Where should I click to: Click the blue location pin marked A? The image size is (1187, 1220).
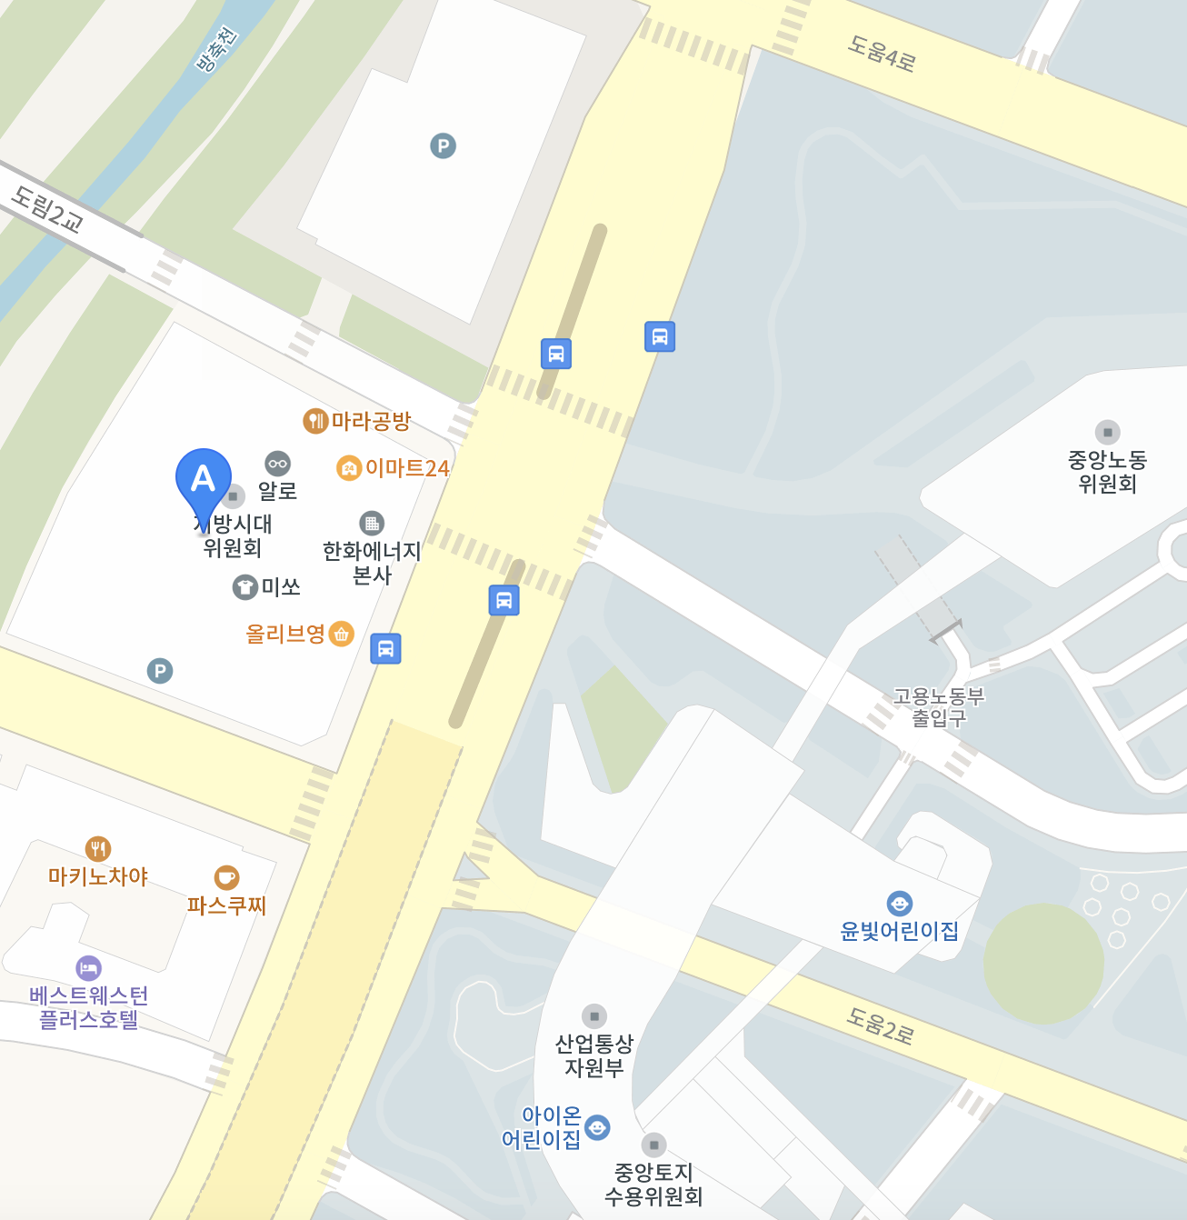pos(203,479)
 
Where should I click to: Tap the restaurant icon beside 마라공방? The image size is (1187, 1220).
pos(314,421)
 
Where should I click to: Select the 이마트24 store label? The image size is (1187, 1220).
pos(406,468)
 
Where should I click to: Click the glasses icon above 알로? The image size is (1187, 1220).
pos(277,464)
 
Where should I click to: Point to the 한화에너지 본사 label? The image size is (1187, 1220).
pos(372,563)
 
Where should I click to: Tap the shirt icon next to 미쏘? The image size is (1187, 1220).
pos(245,587)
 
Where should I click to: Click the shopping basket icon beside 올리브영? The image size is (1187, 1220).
pos(341,634)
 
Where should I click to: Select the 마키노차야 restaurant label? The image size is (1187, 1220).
pos(98,876)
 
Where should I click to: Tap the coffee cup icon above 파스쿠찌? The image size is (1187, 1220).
pos(226,877)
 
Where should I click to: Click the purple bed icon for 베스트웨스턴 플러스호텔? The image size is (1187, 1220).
pos(88,967)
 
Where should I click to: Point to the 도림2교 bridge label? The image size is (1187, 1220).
pos(47,209)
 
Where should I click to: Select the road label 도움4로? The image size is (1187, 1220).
pos(881,54)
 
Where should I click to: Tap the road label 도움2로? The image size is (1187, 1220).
pos(880,1025)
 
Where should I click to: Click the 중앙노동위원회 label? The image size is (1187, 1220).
pos(1107,472)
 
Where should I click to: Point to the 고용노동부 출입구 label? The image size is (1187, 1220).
pos(939,707)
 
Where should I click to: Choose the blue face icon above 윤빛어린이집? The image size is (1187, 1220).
pos(899,904)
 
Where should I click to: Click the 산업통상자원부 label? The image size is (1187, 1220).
pos(594,1055)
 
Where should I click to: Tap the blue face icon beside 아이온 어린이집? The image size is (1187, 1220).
pos(597,1127)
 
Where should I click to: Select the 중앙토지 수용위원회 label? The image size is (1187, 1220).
pos(653,1185)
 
